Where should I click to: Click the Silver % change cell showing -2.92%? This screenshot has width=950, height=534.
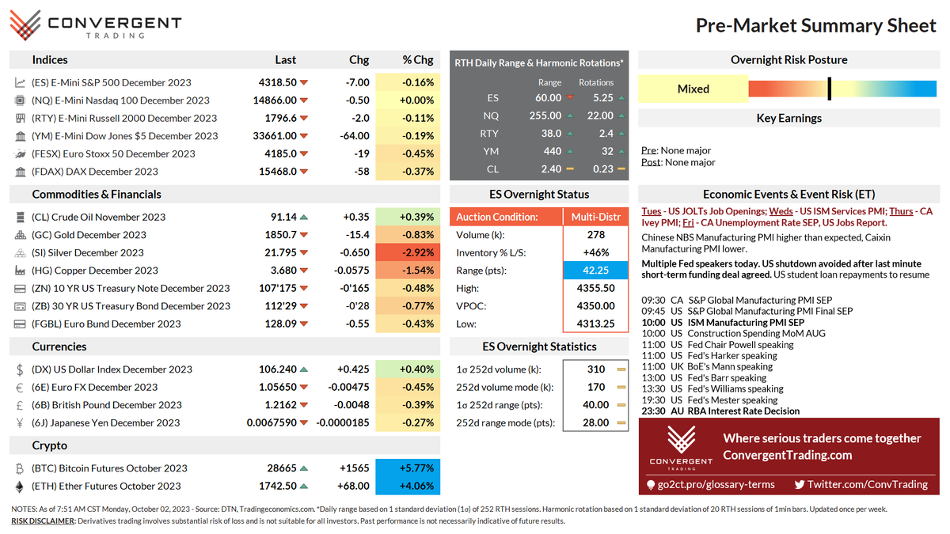pyautogui.click(x=408, y=252)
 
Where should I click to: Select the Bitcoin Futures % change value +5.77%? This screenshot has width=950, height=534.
pyautogui.click(x=408, y=468)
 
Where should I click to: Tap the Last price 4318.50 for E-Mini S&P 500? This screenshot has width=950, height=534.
pyautogui.click(x=277, y=82)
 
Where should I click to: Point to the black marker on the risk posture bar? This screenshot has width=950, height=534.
pyautogui.click(x=829, y=89)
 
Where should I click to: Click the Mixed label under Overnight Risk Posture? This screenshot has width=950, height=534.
pyautogui.click(x=693, y=89)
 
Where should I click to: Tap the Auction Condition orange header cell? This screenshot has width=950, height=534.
pyautogui.click(x=506, y=217)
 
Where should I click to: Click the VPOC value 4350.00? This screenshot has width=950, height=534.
pyautogui.click(x=595, y=306)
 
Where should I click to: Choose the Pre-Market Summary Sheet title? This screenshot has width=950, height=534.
pyautogui.click(x=815, y=25)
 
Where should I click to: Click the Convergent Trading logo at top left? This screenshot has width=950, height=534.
pyautogui.click(x=96, y=25)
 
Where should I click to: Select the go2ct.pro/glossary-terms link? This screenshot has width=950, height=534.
pyautogui.click(x=710, y=484)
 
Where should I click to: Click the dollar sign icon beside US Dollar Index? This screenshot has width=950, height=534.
pyautogui.click(x=20, y=369)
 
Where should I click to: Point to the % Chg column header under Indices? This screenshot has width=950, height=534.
pyautogui.click(x=417, y=59)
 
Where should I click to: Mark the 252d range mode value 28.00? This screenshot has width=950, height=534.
pyautogui.click(x=595, y=422)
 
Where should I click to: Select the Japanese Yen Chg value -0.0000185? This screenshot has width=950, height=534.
pyautogui.click(x=343, y=422)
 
